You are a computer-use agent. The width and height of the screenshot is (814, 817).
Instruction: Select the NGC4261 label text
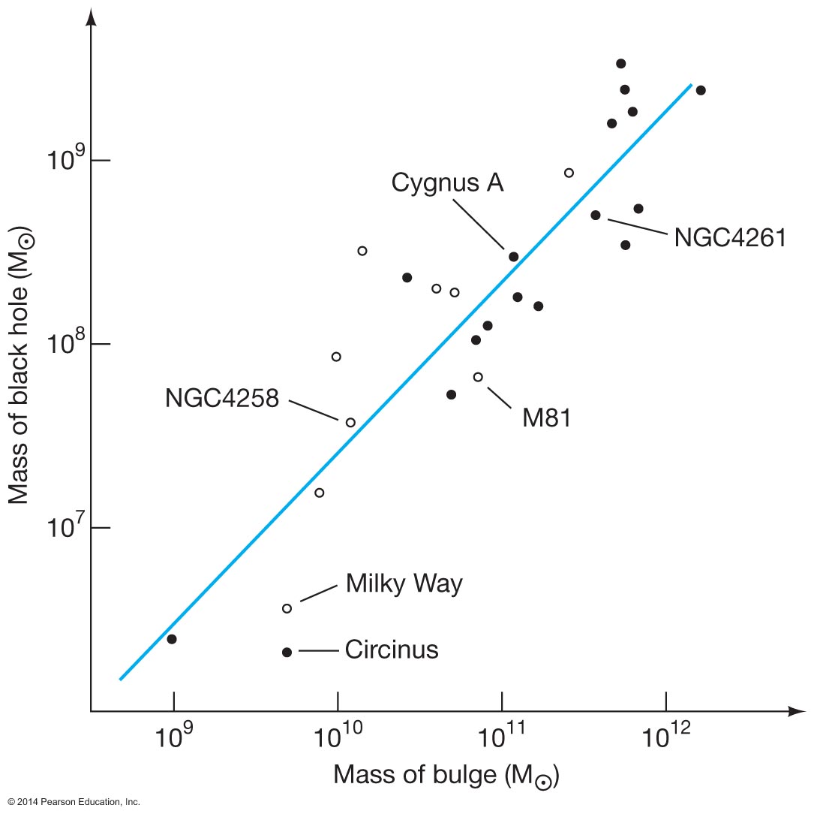pyautogui.click(x=729, y=237)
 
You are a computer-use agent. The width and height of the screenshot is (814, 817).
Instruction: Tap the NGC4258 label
pyautogui.click(x=222, y=398)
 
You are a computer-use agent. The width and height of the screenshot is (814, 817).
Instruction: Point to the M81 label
pyautogui.click(x=546, y=418)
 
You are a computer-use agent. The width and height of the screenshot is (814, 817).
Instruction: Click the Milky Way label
pyautogui.click(x=404, y=583)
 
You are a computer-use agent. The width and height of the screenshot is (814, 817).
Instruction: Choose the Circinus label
pyautogui.click(x=392, y=650)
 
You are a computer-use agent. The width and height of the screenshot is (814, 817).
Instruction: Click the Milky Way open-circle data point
pyautogui.click(x=287, y=608)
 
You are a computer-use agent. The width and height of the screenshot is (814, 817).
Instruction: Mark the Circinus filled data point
pyautogui.click(x=287, y=652)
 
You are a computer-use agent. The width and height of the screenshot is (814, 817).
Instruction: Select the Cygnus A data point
pyautogui.click(x=514, y=257)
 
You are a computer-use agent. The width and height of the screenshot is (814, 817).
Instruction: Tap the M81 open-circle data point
pyautogui.click(x=478, y=377)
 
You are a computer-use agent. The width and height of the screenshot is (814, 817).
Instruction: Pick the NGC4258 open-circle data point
pyautogui.click(x=350, y=423)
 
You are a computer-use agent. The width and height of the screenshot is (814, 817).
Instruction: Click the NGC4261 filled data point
pyautogui.click(x=596, y=215)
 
